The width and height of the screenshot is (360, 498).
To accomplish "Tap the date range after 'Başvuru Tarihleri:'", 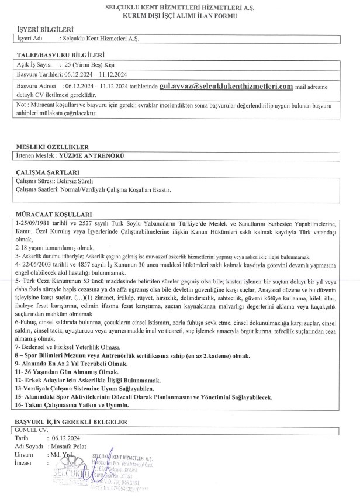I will click(96, 75).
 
